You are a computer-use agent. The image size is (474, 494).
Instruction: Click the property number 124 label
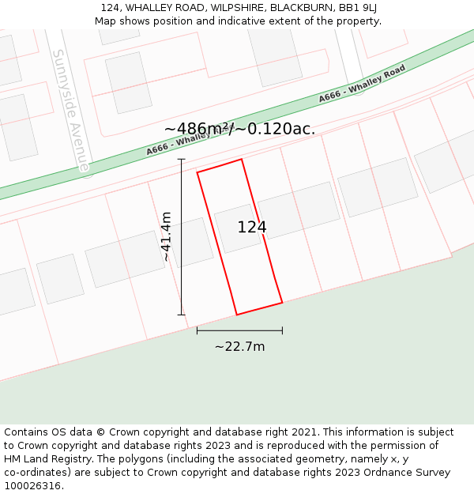[x=252, y=228]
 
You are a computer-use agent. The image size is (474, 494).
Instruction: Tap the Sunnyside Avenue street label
[x=71, y=110]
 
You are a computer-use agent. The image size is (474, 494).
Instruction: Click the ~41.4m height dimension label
[x=167, y=236]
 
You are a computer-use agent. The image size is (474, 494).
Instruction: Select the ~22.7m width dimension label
[x=239, y=346]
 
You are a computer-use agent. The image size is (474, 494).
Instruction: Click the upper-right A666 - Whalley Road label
[x=362, y=84]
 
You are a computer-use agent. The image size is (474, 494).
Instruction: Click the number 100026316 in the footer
[x=32, y=485]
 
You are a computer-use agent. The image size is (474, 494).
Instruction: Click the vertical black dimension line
[x=182, y=237]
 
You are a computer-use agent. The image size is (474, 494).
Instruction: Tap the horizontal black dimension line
[x=239, y=330]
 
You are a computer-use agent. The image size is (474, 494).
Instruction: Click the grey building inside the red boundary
[x=237, y=228]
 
